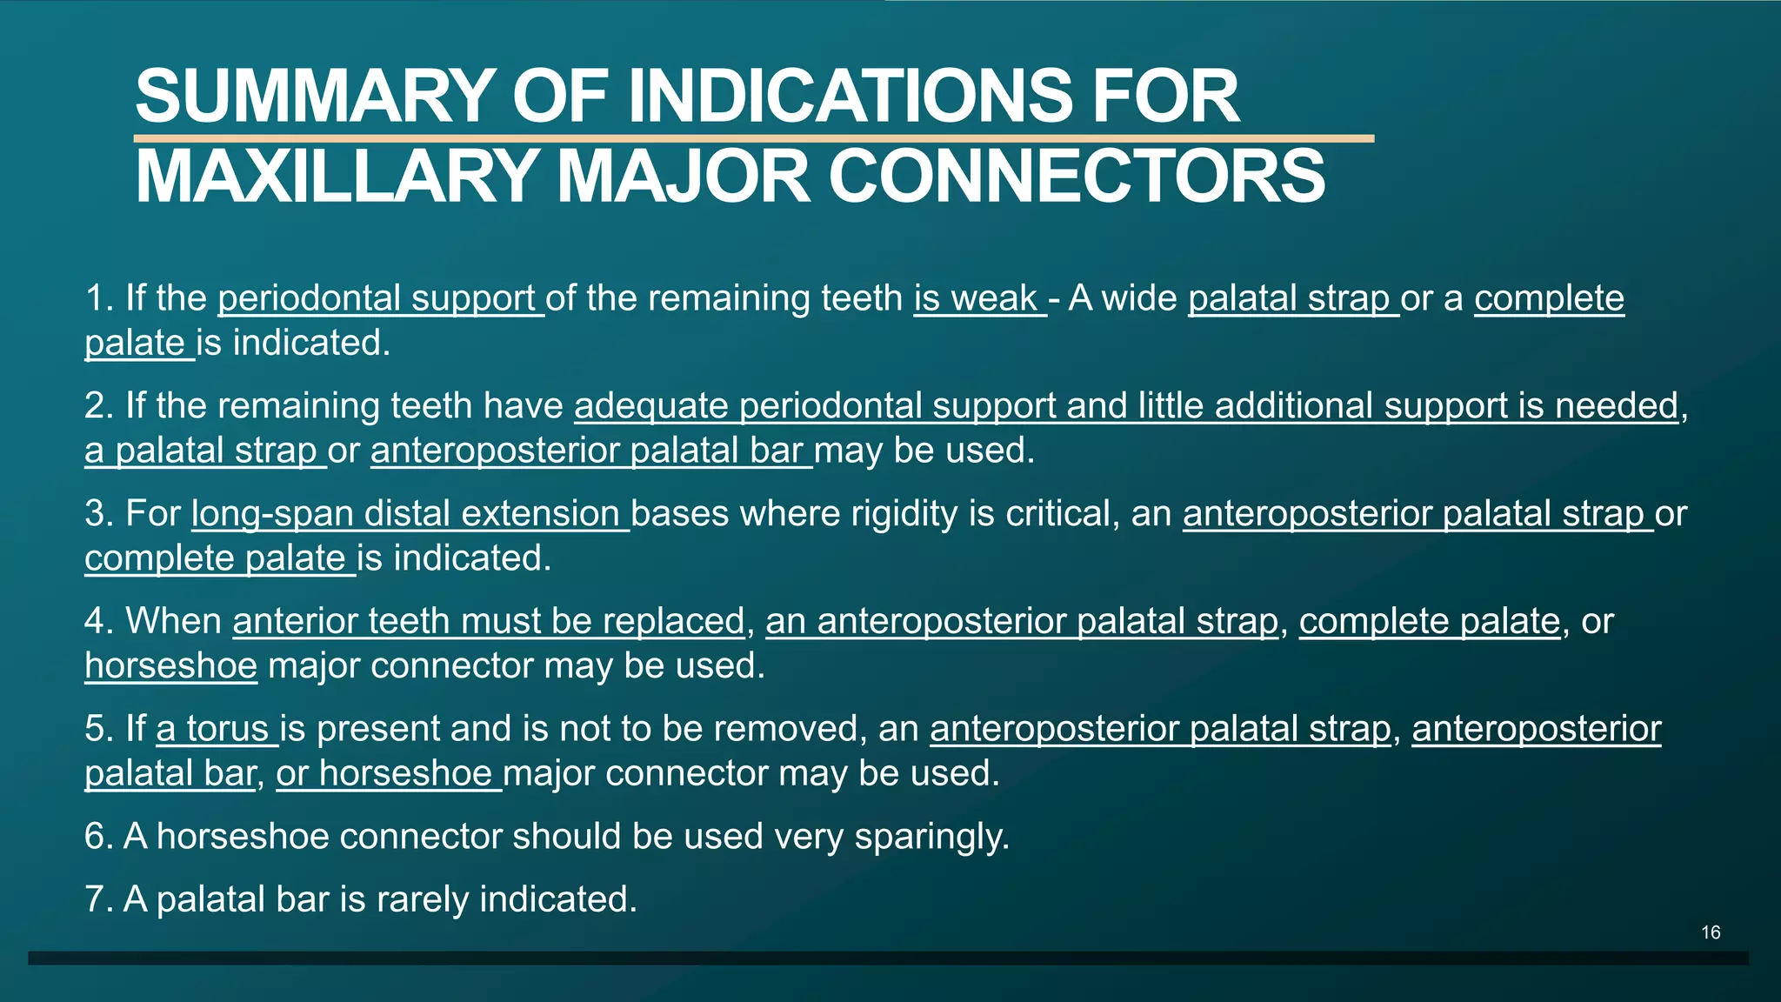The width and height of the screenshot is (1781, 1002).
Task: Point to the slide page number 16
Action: [1711, 932]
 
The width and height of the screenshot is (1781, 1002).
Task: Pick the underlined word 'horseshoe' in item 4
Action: [170, 666]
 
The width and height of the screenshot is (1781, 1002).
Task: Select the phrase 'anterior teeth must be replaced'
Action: [488, 621]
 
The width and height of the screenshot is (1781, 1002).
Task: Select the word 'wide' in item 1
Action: [1139, 298]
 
